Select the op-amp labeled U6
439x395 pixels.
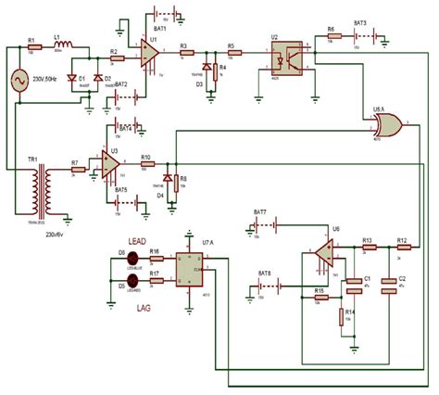(x=324, y=251)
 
